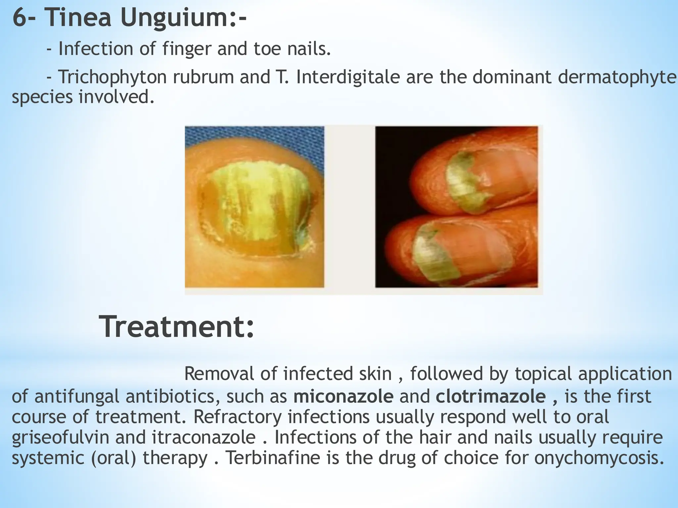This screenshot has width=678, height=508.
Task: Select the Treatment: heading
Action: (x=177, y=327)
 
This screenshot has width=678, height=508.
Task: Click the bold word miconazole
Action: (x=343, y=397)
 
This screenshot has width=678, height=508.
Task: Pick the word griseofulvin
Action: (x=60, y=438)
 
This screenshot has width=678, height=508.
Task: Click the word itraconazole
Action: (x=204, y=437)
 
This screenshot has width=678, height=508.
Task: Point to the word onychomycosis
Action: (x=599, y=458)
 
